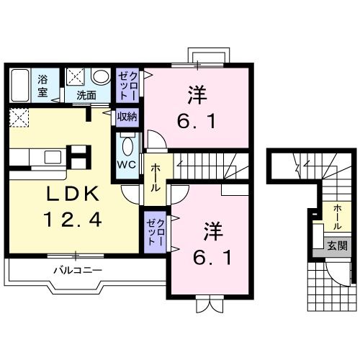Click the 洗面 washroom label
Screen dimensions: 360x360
coord(86,94)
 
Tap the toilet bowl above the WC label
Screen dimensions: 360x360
coord(127,146)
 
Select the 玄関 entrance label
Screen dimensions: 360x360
coord(336,245)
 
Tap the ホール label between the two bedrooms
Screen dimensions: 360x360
coord(155,176)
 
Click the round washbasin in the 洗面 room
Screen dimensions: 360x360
coord(101,76)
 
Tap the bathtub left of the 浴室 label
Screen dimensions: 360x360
coord(19,84)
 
